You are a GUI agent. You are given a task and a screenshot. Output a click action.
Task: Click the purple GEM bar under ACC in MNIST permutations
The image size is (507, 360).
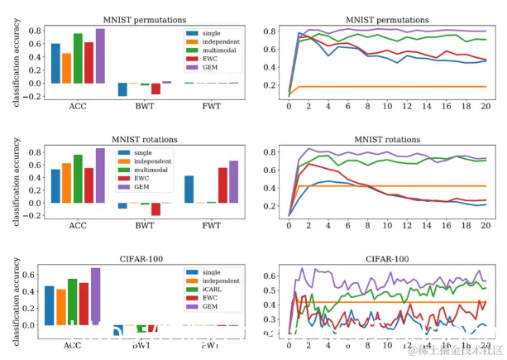coord(100,56)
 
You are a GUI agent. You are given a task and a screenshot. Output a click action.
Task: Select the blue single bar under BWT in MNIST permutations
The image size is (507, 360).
coord(122,89)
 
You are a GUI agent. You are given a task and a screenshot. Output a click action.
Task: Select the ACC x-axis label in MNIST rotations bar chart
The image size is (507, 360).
coord(78,225)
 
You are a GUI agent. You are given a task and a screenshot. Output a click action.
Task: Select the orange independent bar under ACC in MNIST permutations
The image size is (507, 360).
coord(66,68)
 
